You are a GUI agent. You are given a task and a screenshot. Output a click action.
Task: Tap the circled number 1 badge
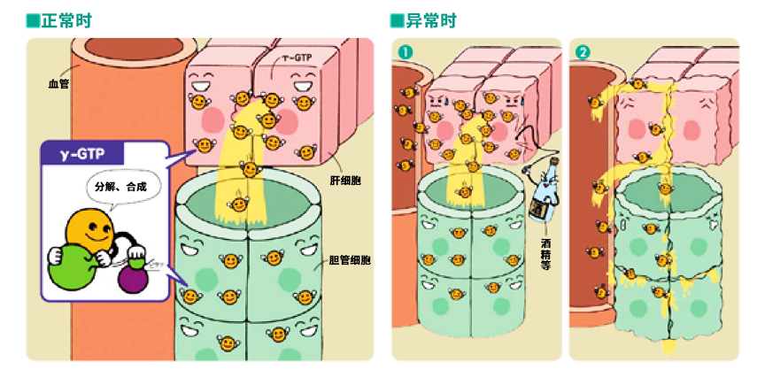405,51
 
